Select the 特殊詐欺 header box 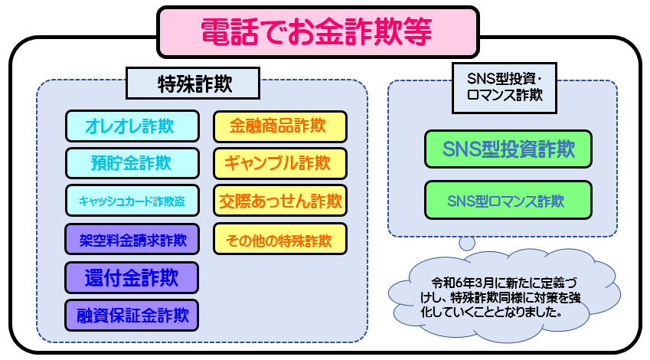(x=193, y=83)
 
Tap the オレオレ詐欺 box (x=132, y=126)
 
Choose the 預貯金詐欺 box (x=132, y=163)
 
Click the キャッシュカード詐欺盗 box (x=132, y=201)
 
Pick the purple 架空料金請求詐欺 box (x=132, y=239)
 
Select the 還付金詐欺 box (x=132, y=277)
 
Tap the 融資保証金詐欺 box (x=132, y=316)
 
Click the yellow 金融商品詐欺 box (x=280, y=126)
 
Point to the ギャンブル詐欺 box (x=280, y=163)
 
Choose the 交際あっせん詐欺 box (x=280, y=201)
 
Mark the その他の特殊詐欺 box (x=280, y=239)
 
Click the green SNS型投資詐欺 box (x=508, y=149)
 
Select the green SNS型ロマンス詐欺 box (x=508, y=201)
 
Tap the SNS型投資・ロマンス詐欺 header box (x=505, y=88)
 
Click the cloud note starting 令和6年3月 (x=503, y=296)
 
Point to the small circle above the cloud (x=467, y=243)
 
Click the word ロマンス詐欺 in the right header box (x=505, y=96)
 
